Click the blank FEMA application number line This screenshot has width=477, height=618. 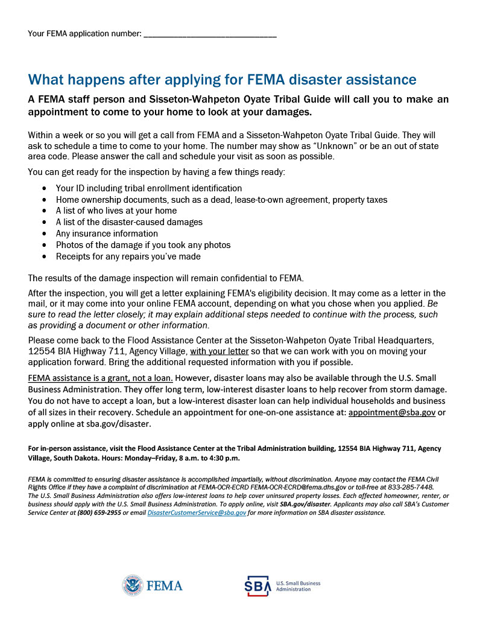210,34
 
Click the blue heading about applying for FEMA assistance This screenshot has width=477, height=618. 222,80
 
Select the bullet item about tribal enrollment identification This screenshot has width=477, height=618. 148,188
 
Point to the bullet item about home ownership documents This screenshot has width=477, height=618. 221,200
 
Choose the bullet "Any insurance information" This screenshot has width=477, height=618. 107,234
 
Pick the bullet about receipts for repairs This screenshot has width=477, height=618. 128,256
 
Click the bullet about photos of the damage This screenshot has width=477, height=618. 143,245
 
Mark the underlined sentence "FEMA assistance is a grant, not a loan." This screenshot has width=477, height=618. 101,378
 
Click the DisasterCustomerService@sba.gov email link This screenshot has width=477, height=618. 197,512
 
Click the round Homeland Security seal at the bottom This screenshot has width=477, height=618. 132,585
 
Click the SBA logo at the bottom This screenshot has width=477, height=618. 257,586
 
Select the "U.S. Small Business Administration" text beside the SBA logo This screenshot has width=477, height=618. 297,586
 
